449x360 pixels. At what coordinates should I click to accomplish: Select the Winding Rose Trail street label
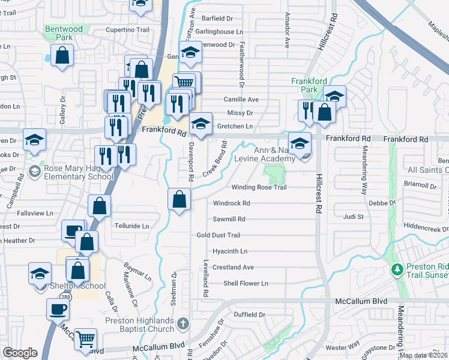coord(259,187)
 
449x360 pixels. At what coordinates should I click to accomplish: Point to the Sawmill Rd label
coord(229,220)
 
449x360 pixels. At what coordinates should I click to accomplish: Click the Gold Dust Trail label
coord(218,235)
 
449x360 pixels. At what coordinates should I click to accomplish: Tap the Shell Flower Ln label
coord(246,283)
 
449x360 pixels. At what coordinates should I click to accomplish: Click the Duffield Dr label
coord(249,314)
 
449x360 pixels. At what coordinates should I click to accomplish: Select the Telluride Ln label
coord(131,226)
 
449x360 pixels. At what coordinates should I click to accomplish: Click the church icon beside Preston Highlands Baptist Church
coord(184,325)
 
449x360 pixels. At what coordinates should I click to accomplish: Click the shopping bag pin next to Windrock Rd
coord(179,199)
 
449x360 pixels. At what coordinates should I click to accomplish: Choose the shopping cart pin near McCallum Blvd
coord(85,338)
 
